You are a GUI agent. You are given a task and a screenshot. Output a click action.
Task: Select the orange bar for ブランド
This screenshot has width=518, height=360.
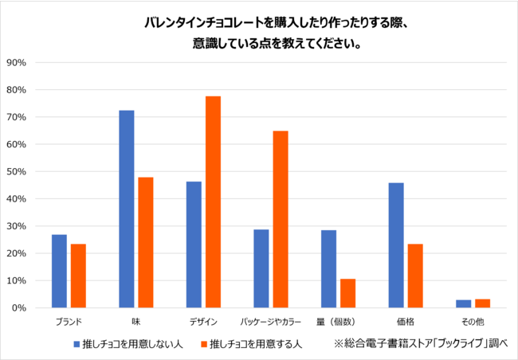click(x=78, y=276)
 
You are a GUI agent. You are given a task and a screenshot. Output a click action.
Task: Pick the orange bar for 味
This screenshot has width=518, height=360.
click(x=145, y=242)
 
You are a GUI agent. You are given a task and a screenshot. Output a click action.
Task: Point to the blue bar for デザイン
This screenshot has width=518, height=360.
click(x=194, y=245)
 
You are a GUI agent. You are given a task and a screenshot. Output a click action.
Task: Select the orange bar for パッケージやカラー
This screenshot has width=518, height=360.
click(x=281, y=219)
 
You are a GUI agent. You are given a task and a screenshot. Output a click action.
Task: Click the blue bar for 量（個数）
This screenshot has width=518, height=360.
click(x=328, y=268)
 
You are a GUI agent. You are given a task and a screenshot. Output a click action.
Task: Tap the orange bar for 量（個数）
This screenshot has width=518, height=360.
click(x=347, y=293)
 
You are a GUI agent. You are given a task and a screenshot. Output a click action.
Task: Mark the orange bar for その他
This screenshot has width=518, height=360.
click(x=482, y=303)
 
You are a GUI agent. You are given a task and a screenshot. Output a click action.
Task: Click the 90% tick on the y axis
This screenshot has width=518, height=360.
click(x=17, y=62)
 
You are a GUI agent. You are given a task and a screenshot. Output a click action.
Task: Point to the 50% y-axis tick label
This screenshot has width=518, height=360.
click(x=17, y=171)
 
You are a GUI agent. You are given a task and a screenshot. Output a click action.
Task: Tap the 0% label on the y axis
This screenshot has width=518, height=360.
click(x=19, y=307)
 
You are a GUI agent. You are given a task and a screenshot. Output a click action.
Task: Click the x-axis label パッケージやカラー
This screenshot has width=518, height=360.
click(x=271, y=322)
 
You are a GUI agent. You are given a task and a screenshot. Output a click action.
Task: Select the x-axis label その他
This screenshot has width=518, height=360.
click(x=473, y=322)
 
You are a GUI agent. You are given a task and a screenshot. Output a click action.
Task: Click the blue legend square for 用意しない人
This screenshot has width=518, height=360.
click(x=77, y=344)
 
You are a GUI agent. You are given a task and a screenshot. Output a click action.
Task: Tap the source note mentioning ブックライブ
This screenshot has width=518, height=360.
click(x=421, y=344)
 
